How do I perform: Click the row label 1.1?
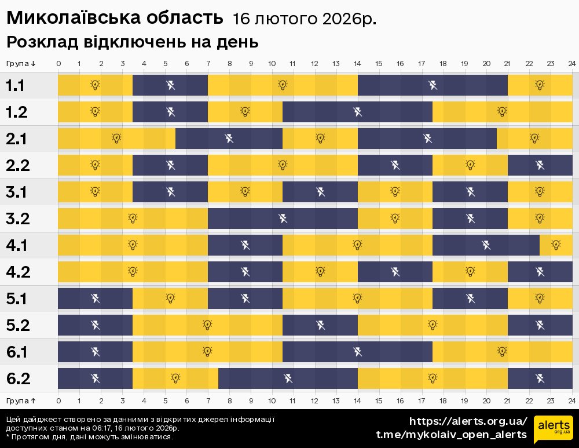tap(15, 86)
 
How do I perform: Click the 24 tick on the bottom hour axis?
tap(571, 400)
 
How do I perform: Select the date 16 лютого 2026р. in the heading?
tap(304, 19)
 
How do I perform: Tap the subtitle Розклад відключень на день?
tap(132, 42)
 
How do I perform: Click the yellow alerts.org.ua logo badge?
tap(553, 429)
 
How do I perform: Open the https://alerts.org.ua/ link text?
tap(468, 421)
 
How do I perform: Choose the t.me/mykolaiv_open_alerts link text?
tap(451, 435)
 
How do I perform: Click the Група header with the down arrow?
tap(21, 63)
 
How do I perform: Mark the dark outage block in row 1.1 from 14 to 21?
tap(433, 85)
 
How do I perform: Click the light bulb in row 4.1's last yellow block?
tap(556, 245)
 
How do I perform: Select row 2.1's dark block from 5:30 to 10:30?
tap(229, 139)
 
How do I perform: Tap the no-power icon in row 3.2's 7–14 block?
tap(283, 218)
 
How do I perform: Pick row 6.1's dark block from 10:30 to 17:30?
tap(357, 351)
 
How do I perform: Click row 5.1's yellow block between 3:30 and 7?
tap(170, 298)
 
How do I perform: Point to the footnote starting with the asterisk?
tap(89, 436)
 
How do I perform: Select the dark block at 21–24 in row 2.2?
tap(540, 165)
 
